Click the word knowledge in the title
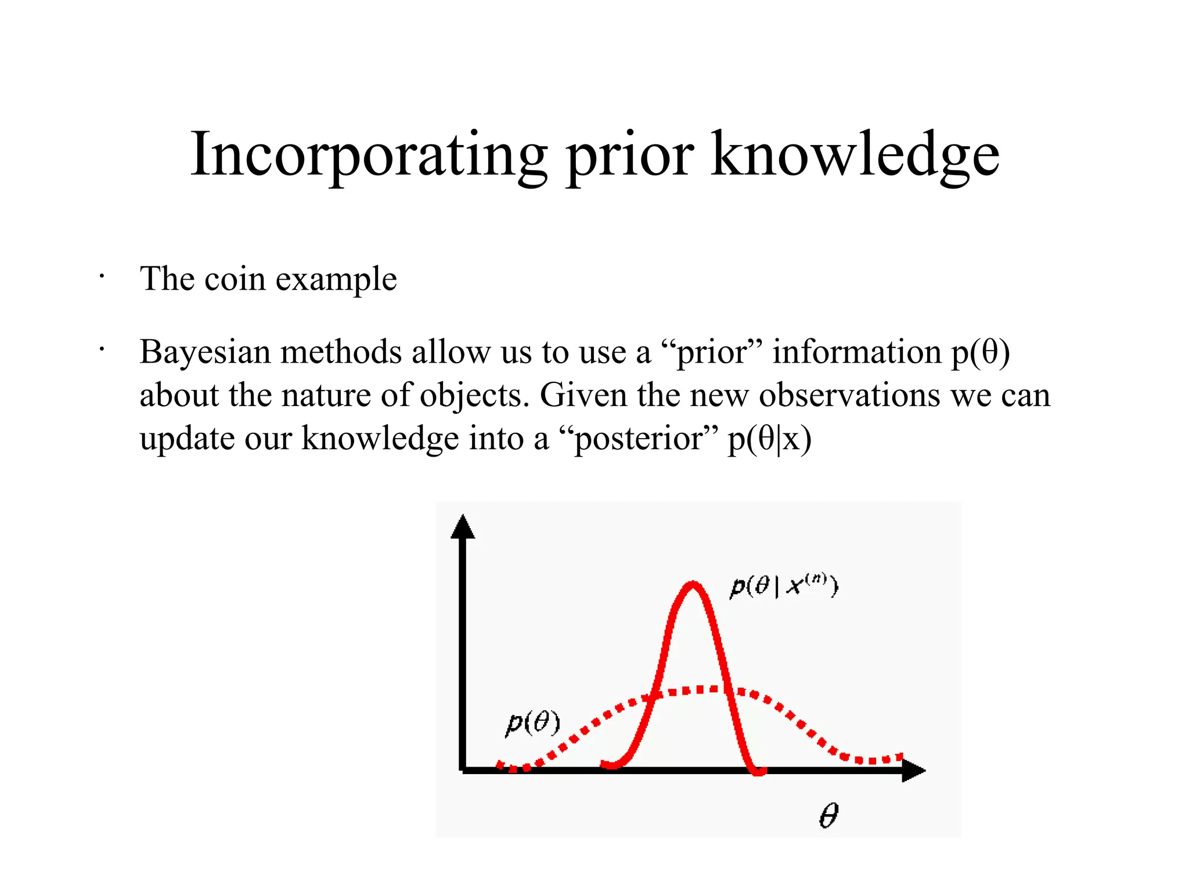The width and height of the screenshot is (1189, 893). click(x=855, y=156)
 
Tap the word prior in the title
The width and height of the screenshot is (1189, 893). click(x=629, y=156)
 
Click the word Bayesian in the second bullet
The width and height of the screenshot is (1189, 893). click(x=204, y=352)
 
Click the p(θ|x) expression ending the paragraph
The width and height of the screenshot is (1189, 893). click(x=769, y=439)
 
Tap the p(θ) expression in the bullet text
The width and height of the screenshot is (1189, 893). click(x=981, y=352)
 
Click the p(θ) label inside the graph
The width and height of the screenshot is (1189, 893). click(x=533, y=723)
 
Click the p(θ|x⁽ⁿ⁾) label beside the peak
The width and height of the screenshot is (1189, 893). click(x=783, y=586)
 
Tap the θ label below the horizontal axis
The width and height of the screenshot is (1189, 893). click(x=828, y=815)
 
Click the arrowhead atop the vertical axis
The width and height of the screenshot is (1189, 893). click(x=463, y=527)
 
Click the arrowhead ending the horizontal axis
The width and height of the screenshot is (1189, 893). click(x=913, y=771)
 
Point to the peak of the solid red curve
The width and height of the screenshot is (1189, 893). click(x=693, y=585)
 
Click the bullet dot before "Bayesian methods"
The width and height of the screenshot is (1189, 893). click(x=101, y=349)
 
